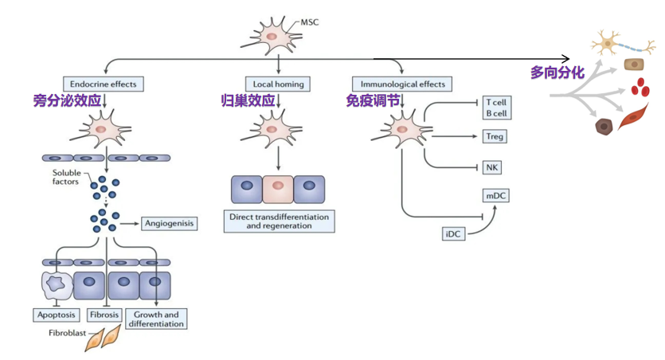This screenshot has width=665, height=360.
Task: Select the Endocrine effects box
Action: pyautogui.click(x=103, y=84)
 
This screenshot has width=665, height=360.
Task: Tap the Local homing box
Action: pyautogui.click(x=278, y=84)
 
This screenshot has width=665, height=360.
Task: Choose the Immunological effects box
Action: pyautogui.click(x=402, y=84)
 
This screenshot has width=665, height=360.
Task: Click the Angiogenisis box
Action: pyautogui.click(x=169, y=224)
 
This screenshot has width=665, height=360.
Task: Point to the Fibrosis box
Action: pyautogui.click(x=104, y=315)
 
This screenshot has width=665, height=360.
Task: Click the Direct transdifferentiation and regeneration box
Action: pyautogui.click(x=278, y=221)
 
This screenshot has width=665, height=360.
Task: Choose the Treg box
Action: pyautogui.click(x=495, y=136)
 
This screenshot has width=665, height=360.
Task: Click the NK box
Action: pyautogui.click(x=491, y=167)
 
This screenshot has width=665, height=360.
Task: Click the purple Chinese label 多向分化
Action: pyautogui.click(x=557, y=72)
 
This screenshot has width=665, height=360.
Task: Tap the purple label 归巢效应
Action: pyautogui.click(x=248, y=101)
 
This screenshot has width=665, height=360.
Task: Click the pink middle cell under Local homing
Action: pyautogui.click(x=278, y=190)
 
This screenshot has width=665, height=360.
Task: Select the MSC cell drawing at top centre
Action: pyautogui.click(x=272, y=35)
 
